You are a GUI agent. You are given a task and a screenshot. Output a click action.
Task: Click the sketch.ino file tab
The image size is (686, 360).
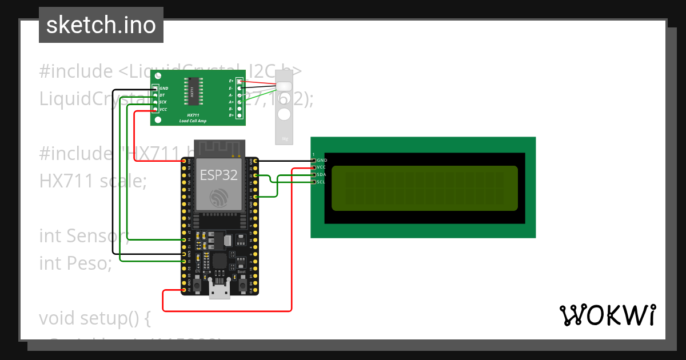[101, 25]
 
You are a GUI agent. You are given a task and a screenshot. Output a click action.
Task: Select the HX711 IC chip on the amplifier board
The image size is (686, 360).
[193, 91]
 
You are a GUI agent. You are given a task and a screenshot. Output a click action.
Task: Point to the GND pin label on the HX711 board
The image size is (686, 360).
[164, 89]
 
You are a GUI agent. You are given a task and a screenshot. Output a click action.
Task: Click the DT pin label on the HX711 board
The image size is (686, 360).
[162, 95]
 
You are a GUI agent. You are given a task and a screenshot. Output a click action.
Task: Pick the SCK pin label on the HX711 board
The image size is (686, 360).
[163, 102]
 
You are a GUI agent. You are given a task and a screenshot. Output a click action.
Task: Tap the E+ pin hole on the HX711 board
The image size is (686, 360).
[239, 82]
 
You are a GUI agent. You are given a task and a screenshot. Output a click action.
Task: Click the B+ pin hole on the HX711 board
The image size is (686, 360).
[239, 115]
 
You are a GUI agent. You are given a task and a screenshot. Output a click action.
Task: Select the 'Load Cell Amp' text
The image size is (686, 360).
[193, 121]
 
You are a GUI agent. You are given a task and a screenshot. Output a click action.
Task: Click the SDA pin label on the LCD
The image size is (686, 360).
[321, 174]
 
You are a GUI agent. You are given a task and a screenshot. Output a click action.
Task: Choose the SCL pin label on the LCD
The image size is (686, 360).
[321, 182]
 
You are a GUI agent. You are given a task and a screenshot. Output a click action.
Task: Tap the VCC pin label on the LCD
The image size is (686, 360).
[321, 167]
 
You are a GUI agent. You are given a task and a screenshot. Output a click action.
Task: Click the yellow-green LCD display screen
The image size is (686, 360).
[424, 188]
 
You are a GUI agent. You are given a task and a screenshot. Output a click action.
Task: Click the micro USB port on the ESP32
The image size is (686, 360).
[220, 291]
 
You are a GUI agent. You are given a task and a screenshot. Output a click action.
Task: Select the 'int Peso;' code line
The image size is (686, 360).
[75, 263]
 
